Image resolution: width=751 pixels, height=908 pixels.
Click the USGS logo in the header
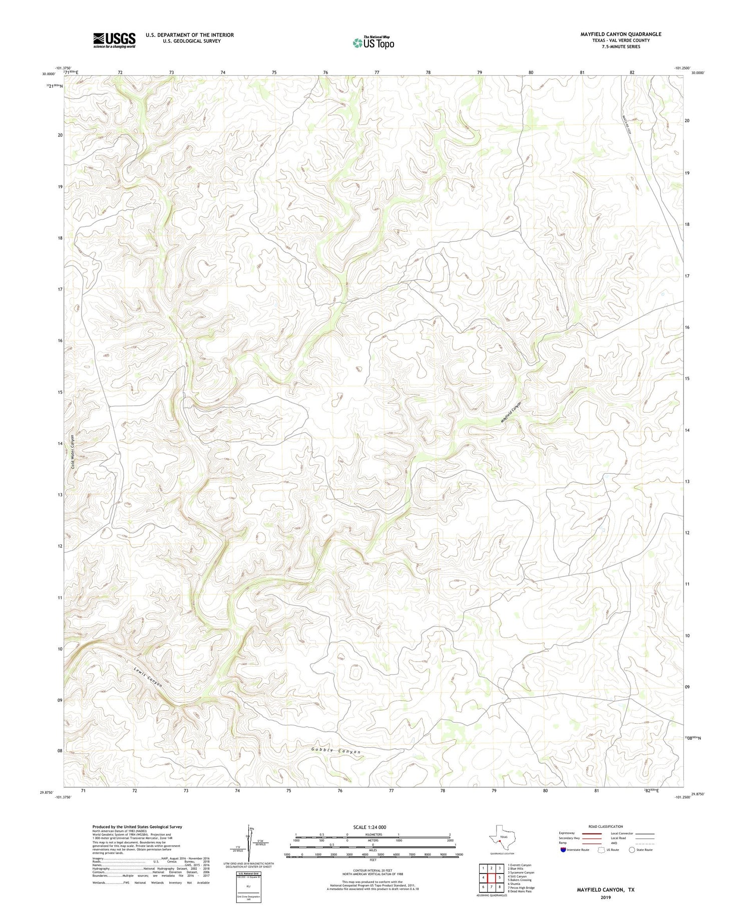click(x=114, y=40)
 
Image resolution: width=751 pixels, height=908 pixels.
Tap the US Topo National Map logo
click(x=373, y=43)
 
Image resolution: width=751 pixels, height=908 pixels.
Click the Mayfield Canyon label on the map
click(x=511, y=412)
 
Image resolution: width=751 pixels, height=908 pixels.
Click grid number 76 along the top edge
click(x=325, y=73)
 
